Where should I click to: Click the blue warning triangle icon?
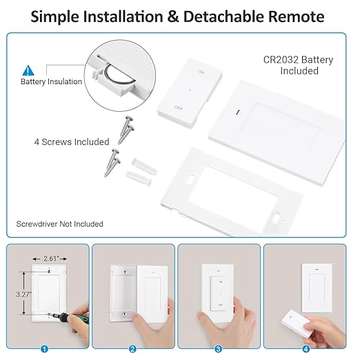28,70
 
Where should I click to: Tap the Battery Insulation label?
51,81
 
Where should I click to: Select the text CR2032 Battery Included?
299,65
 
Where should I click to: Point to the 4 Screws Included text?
72,141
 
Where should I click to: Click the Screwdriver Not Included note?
59,224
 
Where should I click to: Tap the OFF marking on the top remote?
179,108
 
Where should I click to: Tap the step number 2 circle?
132,349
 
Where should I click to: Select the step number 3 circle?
218,349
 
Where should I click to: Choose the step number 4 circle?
306,349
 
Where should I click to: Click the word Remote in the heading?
295,15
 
